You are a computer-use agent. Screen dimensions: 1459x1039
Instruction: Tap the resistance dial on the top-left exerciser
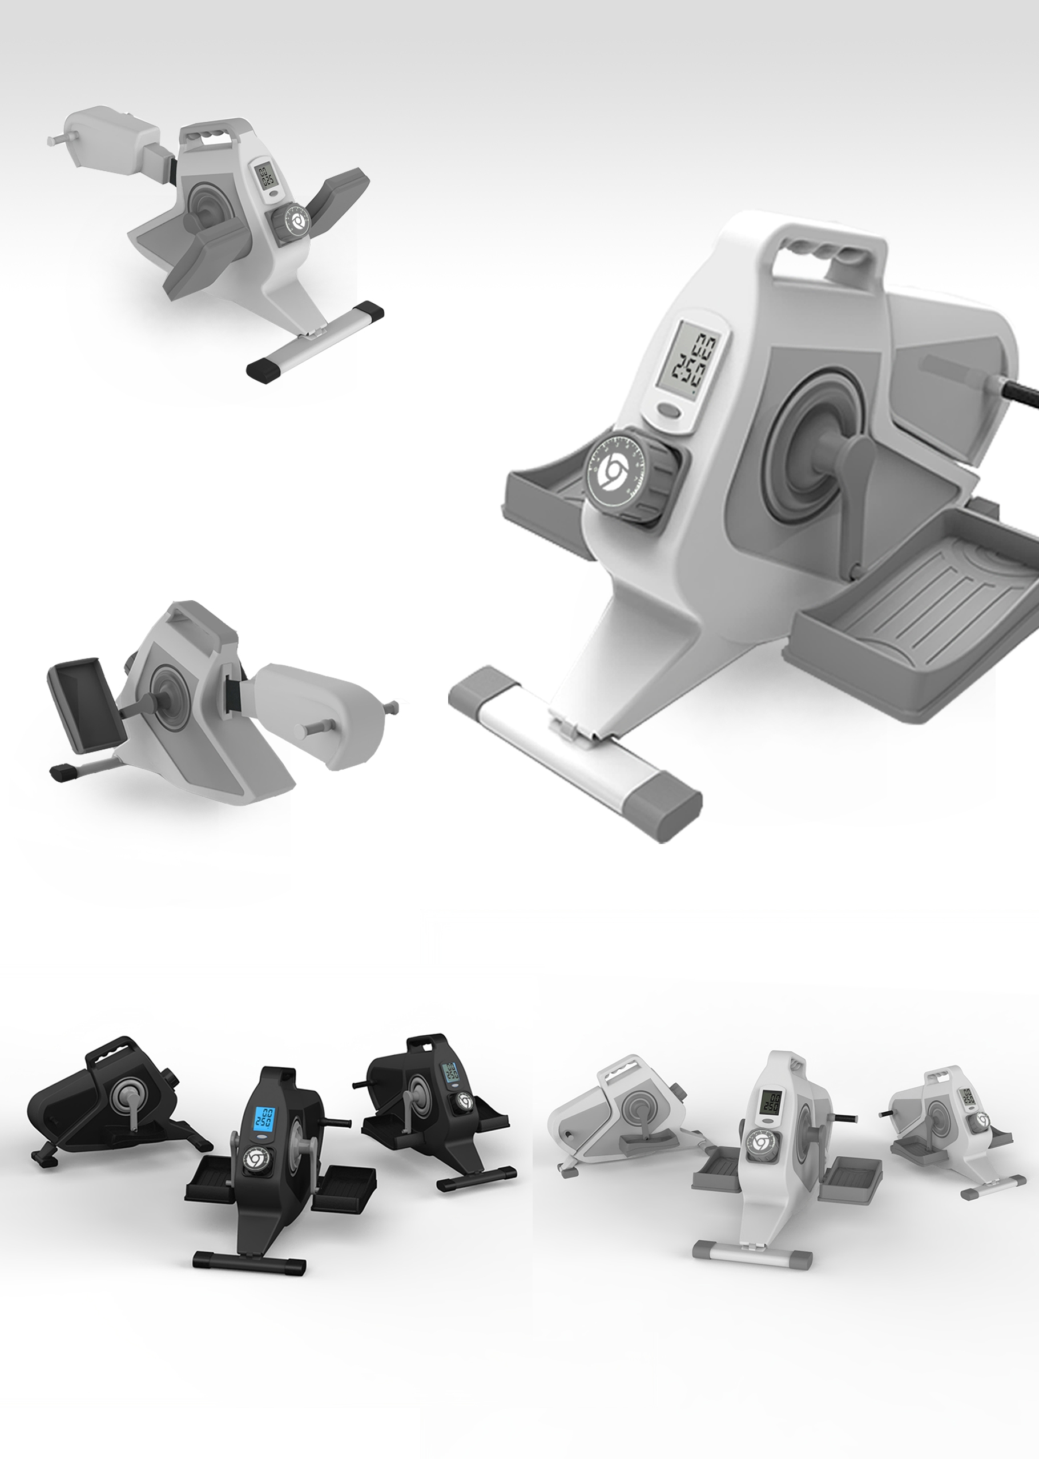296,222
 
